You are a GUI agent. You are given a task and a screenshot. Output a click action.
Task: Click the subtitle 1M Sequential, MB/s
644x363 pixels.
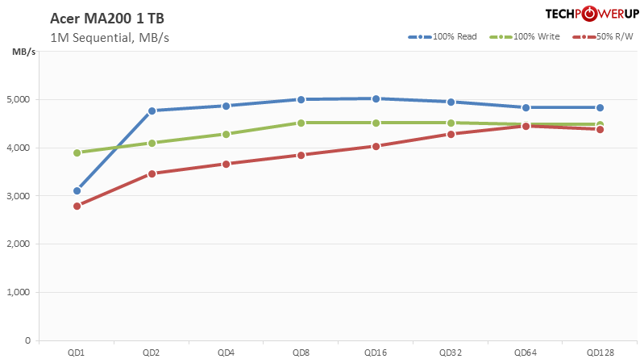tap(109, 37)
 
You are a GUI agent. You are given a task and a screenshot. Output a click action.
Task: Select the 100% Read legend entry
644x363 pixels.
tap(442, 37)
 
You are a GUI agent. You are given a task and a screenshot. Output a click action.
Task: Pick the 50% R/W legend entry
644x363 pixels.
tap(603, 37)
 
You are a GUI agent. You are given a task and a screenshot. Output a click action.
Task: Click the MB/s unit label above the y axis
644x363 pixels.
tap(23, 52)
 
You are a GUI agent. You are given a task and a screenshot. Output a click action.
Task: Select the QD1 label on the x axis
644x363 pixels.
tap(77, 352)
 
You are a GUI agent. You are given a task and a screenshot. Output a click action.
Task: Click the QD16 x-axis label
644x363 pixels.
tap(376, 352)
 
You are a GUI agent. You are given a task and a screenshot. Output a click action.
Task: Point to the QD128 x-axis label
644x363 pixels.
tap(600, 352)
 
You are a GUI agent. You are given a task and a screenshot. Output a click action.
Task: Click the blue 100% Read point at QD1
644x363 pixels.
tap(77, 191)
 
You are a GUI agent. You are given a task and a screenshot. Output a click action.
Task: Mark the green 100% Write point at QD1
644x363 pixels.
tap(77, 152)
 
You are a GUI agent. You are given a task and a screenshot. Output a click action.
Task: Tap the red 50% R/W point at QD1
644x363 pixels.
tap(77, 206)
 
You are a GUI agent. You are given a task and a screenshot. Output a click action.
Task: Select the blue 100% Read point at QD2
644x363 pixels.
tap(152, 111)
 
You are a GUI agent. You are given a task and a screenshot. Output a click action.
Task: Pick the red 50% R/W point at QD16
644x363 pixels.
tap(376, 146)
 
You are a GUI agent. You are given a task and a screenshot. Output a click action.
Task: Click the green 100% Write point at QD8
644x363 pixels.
tap(301, 123)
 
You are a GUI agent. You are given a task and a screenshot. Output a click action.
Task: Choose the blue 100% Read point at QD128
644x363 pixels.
tap(600, 107)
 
